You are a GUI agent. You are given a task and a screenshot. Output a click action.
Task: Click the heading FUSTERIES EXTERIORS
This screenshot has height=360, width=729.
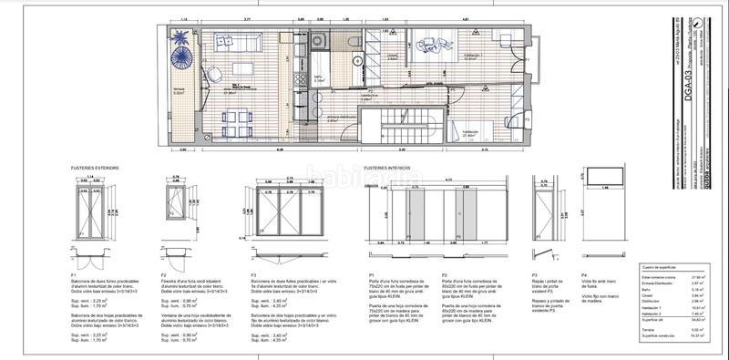(x=98, y=168)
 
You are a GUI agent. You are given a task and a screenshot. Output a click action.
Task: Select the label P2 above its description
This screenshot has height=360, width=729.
(x=445, y=274)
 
